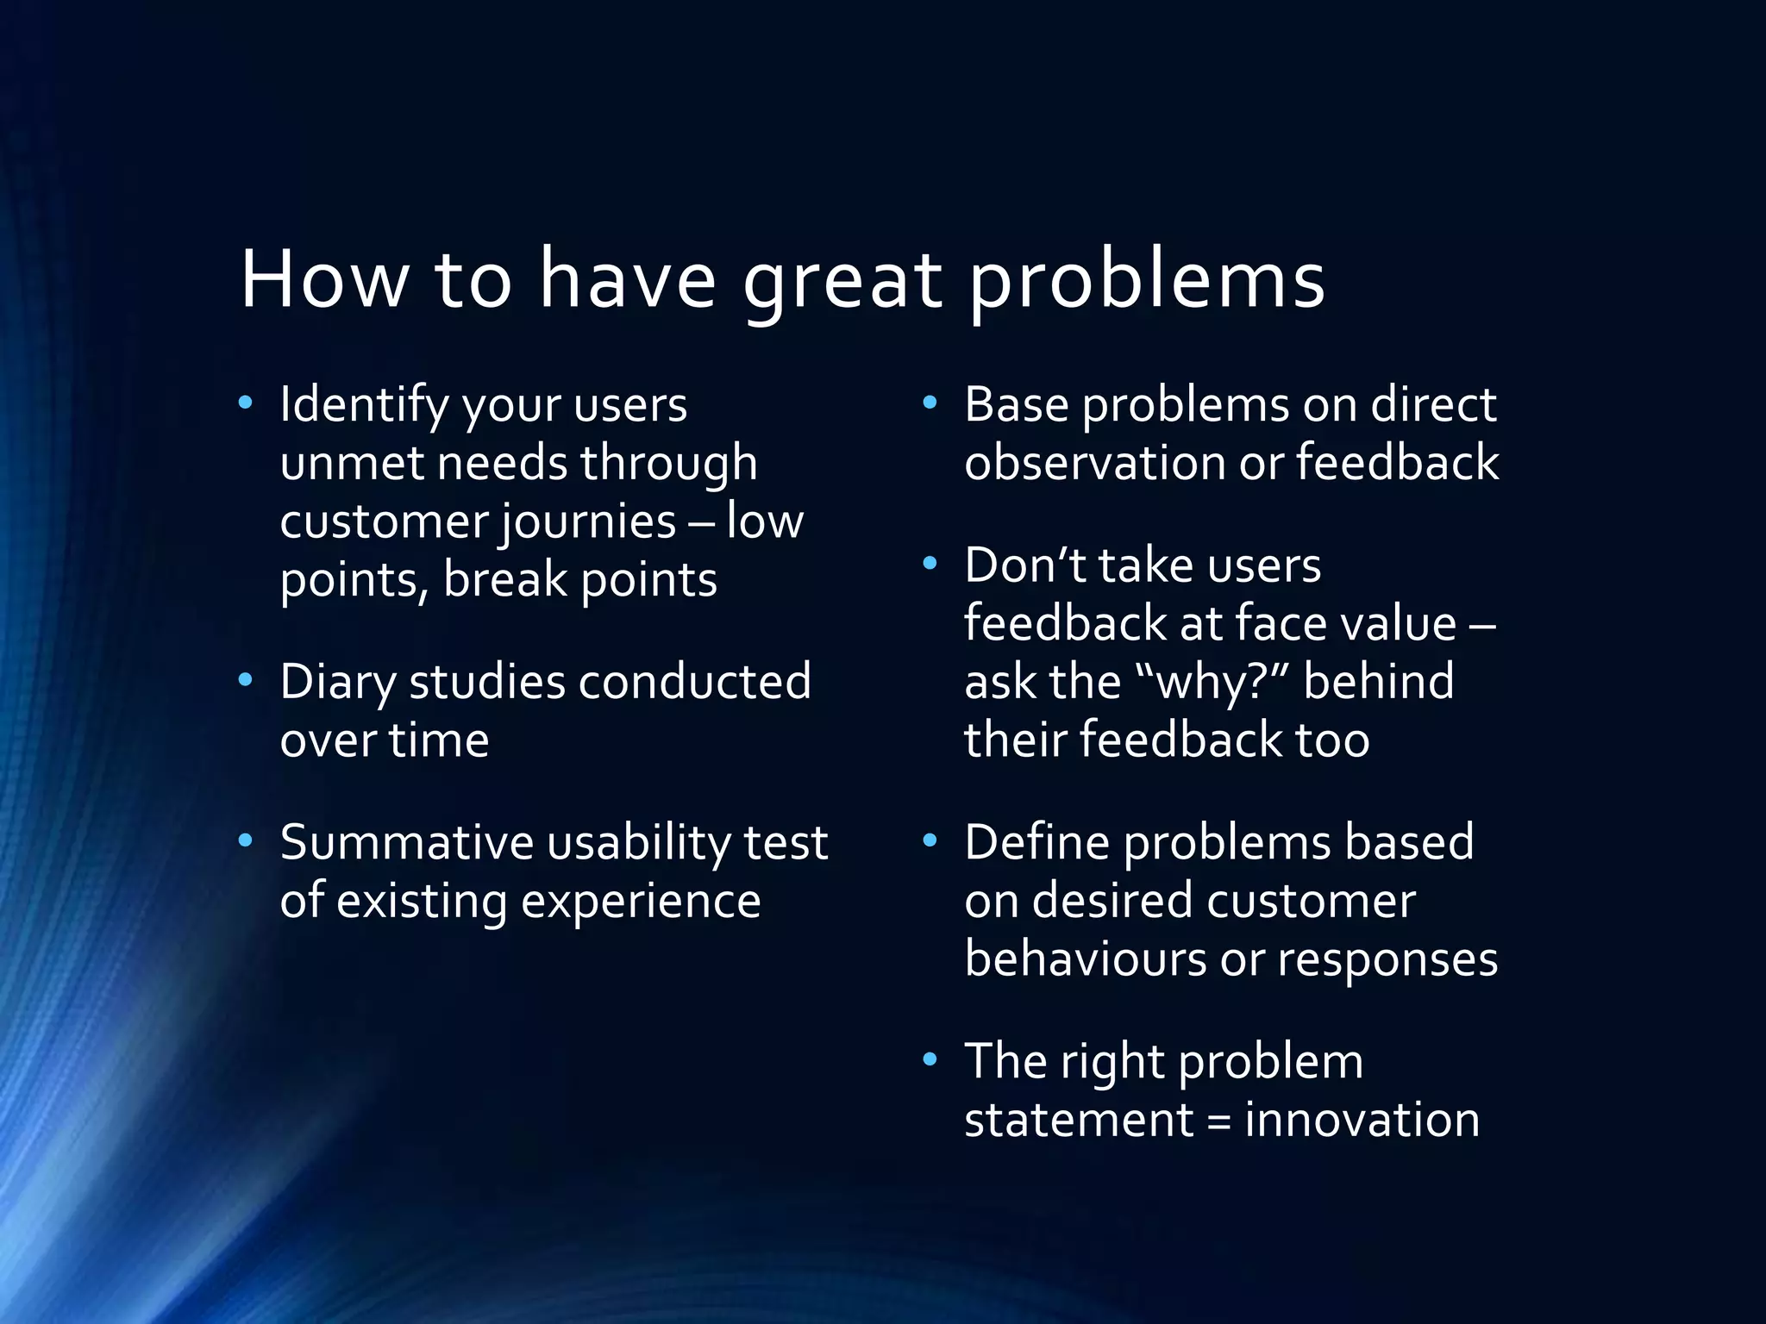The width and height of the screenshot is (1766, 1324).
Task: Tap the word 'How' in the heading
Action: coord(324,279)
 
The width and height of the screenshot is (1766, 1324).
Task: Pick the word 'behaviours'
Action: coord(1085,959)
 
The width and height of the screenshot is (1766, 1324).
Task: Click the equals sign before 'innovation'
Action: coord(1218,1121)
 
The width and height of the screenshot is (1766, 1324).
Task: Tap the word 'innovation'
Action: coord(1362,1120)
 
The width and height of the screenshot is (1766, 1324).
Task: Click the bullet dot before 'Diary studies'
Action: coord(246,680)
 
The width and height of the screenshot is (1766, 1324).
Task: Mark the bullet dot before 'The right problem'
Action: coord(930,1059)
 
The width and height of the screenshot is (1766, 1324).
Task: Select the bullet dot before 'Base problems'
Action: coord(930,403)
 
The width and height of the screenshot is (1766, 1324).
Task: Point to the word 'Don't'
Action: coord(1024,566)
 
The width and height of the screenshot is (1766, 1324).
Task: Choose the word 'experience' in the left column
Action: coord(641,902)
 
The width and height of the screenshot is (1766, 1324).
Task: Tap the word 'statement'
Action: coord(1078,1120)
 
